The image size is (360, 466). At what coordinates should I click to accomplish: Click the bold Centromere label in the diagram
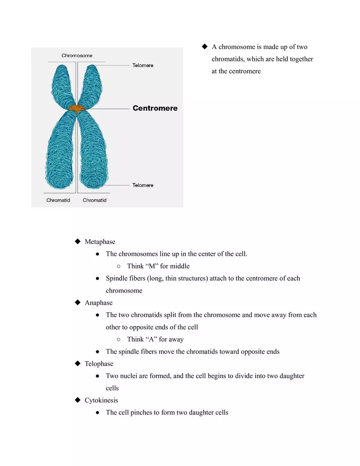(155, 108)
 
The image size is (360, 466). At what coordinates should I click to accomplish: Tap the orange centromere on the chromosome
(76, 108)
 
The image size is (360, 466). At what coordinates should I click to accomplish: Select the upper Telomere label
(143, 65)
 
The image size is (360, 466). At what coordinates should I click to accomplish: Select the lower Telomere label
(143, 185)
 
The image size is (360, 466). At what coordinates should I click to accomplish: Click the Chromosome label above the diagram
(77, 56)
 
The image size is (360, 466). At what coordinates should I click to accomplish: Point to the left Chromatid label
(58, 200)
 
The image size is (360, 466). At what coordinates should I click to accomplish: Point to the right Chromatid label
(94, 200)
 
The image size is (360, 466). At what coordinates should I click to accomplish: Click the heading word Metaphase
(100, 242)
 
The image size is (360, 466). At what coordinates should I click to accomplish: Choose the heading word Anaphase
(99, 303)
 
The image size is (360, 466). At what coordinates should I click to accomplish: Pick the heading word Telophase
(99, 364)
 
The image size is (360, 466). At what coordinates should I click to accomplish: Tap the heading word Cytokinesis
(101, 400)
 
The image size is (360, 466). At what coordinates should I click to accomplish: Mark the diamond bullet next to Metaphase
(77, 241)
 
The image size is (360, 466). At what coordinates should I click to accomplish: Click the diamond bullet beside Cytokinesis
(77, 400)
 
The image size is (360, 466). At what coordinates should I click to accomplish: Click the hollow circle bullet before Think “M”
(119, 266)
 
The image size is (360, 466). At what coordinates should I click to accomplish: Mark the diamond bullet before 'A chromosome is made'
(205, 46)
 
